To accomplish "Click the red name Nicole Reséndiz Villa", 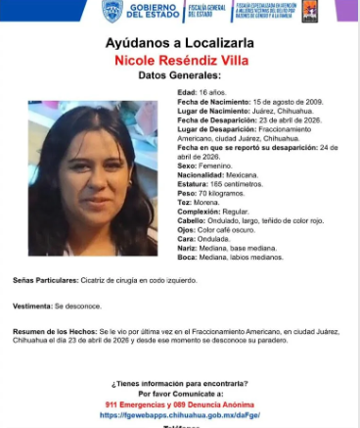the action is point(179,61).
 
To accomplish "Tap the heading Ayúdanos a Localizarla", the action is point(179,43).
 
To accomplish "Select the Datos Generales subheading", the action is point(179,76).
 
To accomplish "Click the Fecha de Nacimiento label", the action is point(207,102).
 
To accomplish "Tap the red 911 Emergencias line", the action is point(180,404).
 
